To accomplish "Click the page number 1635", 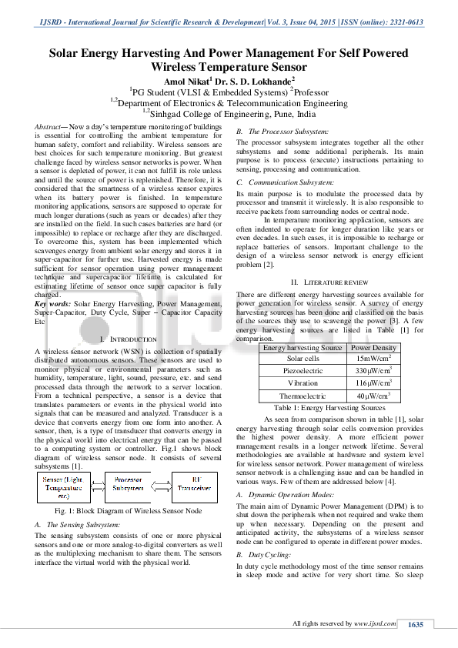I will (x=416, y=624).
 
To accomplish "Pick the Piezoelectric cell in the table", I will (x=303, y=370).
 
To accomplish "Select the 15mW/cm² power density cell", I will (x=373, y=359).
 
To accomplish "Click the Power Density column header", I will (x=373, y=348).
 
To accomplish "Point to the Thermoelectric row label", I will (x=303, y=396).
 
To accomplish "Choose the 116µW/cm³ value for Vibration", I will (x=373, y=382).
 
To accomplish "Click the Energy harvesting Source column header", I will (x=303, y=348).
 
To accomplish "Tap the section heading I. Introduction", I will (x=129, y=339).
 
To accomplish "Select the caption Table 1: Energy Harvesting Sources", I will (x=329, y=407).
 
